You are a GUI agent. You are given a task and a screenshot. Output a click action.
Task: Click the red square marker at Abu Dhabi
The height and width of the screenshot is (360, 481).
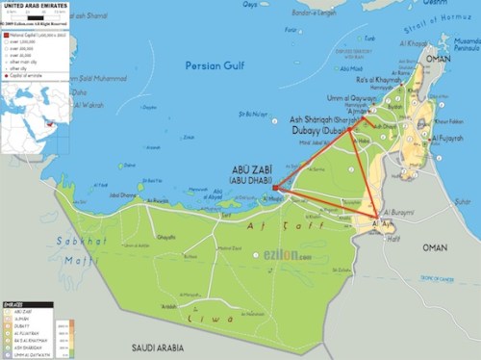[x=275, y=187]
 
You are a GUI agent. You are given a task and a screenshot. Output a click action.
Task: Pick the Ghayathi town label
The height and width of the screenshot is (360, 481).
[x=166, y=237]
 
